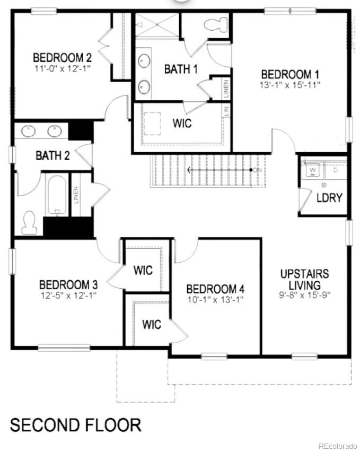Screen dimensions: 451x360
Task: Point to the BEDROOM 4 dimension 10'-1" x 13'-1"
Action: (215, 300)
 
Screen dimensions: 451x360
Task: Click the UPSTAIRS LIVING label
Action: (304, 280)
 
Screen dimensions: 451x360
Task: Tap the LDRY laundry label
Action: (329, 198)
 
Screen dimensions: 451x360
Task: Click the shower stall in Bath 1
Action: (157, 25)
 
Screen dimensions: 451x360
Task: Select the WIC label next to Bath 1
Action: (182, 124)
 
